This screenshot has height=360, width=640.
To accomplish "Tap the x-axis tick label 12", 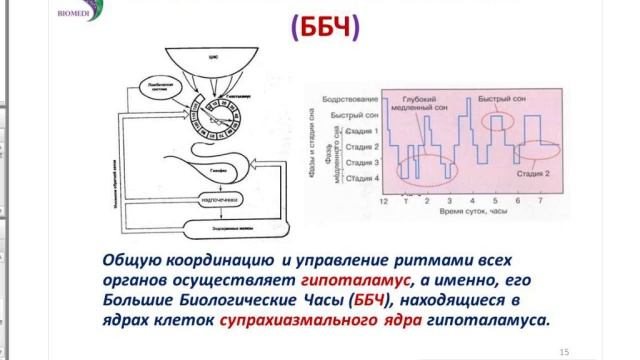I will (382, 202).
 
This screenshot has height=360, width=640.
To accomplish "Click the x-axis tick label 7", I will (540, 202).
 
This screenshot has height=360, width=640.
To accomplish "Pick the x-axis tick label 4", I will (472, 202).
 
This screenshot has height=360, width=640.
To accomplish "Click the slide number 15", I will (564, 351).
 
